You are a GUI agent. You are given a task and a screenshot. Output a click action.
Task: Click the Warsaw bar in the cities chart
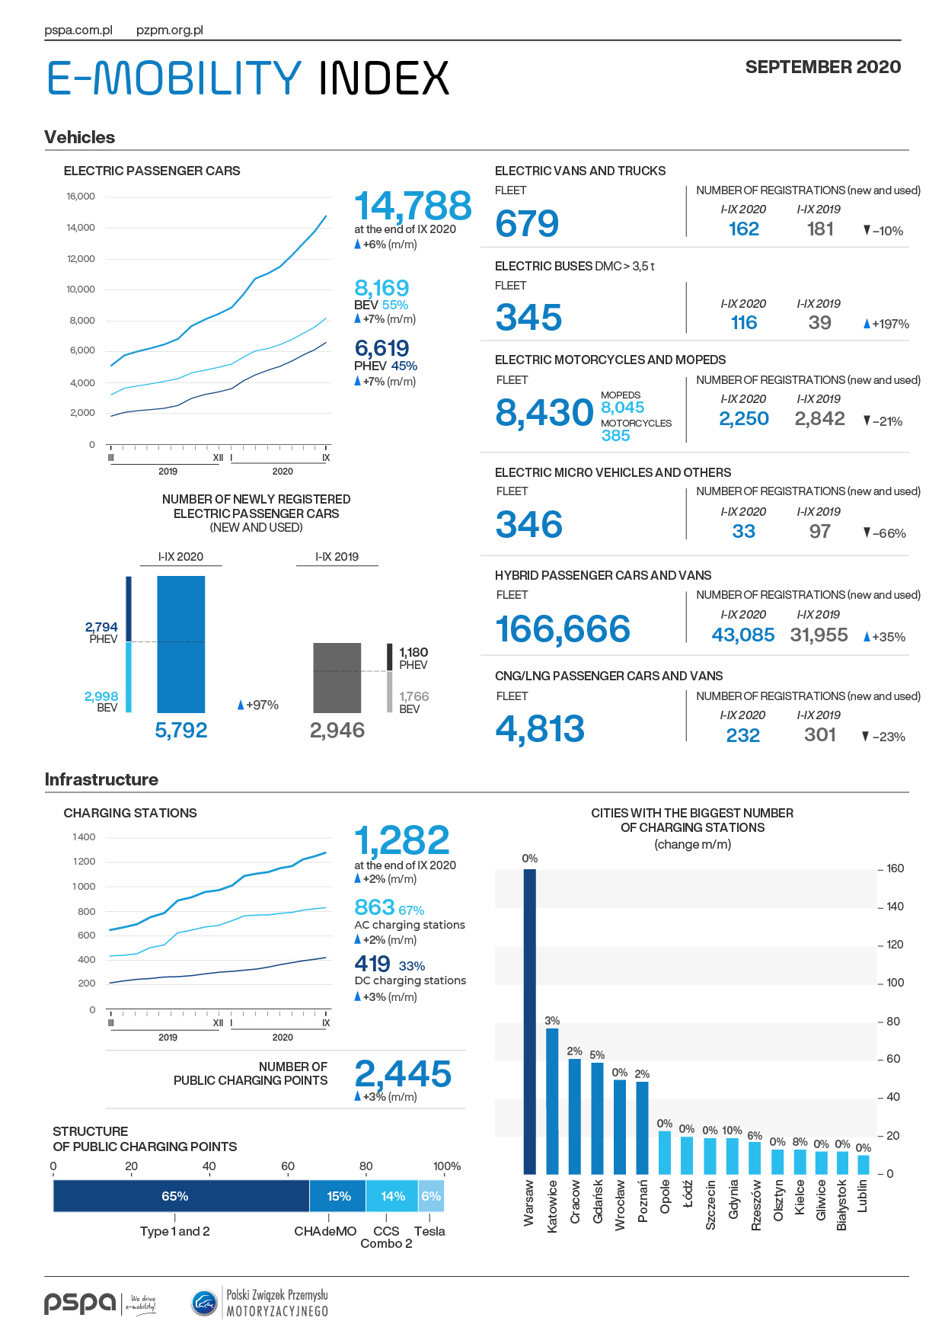pos(529,1022)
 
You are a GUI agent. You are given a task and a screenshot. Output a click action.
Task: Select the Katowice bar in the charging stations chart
pos(552,1101)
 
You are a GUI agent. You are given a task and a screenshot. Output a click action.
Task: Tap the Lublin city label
pos(862,1196)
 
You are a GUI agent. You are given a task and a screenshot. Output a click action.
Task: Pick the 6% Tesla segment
pos(431,1196)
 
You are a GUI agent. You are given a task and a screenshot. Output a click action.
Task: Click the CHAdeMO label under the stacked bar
pos(325,1231)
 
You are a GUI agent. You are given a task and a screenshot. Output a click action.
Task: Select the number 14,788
pos(413,206)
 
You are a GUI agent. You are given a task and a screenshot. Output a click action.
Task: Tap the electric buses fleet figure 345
pos(528,318)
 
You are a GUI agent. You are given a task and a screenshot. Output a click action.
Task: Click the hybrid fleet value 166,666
pos(563,629)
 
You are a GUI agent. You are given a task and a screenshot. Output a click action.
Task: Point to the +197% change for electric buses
pos(886,324)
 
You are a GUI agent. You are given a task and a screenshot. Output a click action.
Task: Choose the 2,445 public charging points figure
pos(403,1074)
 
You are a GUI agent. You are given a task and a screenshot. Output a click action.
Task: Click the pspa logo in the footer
pos(80,1303)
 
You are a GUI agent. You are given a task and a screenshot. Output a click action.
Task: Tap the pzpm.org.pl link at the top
pos(170,30)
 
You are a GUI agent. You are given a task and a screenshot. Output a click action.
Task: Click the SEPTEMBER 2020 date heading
pos(823,67)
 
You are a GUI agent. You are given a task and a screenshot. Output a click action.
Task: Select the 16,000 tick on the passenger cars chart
pos(81,197)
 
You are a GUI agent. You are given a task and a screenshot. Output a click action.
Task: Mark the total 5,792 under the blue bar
pos(181,730)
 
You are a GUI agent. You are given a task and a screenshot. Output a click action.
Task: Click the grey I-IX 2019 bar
pos(337,678)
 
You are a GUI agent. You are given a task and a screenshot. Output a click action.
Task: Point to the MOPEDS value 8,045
pos(623,408)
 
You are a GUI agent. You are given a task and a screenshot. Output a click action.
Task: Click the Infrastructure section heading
pos(101,779)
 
